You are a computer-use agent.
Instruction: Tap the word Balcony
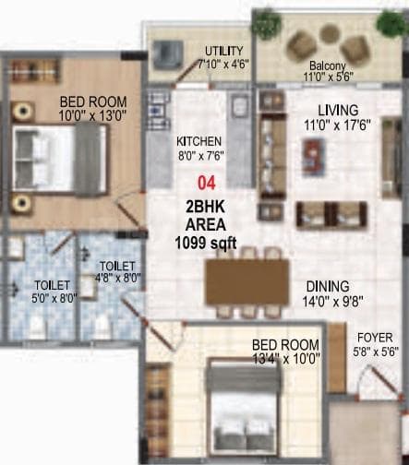tap(329, 66)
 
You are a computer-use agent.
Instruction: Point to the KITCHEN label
tap(198, 141)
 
